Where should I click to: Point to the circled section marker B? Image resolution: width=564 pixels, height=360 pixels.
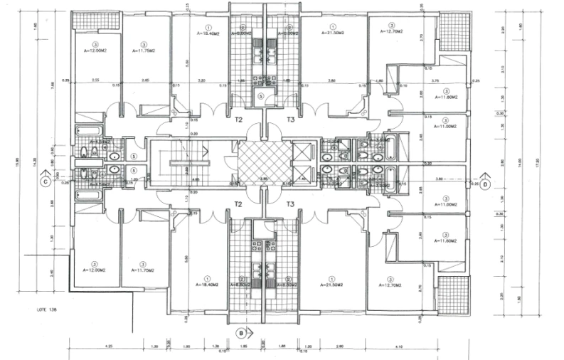242,332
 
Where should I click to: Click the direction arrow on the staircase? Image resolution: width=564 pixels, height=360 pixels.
206,151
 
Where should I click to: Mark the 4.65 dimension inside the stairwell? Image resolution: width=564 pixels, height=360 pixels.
194,181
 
